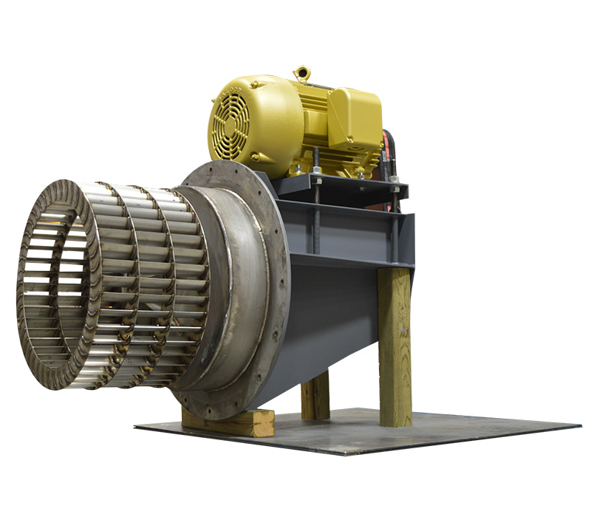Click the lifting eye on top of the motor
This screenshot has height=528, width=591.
pos(301,73)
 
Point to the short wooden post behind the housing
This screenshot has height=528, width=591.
pos(315,395)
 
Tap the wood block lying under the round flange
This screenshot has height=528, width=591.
pos(229,423)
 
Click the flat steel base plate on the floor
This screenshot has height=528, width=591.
pos(414,436)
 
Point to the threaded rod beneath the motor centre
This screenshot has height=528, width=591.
pos(315,222)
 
